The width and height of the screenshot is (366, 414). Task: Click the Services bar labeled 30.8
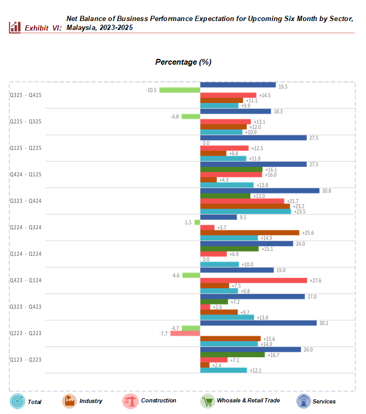(x=260, y=190)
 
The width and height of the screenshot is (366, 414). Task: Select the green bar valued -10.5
(x=180, y=90)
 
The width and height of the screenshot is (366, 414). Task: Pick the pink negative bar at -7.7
(x=185, y=334)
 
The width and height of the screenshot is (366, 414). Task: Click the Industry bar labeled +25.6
(x=250, y=233)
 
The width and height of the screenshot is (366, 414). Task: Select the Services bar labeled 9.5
(x=219, y=217)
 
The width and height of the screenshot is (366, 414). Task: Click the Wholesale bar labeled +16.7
(x=232, y=355)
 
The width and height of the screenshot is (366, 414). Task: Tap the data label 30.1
(x=324, y=323)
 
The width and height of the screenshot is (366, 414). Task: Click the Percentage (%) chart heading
(x=183, y=62)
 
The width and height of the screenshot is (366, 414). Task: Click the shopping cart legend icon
(x=208, y=401)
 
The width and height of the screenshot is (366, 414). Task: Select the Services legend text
(x=324, y=401)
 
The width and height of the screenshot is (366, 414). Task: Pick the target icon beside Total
(x=17, y=401)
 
